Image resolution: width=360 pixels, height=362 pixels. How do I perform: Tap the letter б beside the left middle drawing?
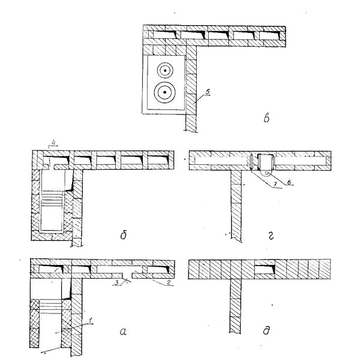[x=124, y=235]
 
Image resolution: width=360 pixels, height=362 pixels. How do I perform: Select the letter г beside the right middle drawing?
[x=271, y=236]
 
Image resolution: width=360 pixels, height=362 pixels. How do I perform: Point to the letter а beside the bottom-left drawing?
[x=124, y=332]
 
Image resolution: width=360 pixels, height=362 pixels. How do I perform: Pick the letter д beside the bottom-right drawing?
[x=266, y=330]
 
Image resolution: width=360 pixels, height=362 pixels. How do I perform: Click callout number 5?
[x=208, y=92]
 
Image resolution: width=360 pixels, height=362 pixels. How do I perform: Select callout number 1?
[x=91, y=320]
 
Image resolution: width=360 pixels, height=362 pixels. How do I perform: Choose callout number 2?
[x=169, y=282]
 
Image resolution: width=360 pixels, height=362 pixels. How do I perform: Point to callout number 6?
[x=289, y=182]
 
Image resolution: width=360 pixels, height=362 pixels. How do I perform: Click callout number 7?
[x=275, y=185]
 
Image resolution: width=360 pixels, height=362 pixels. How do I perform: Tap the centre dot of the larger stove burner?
[x=165, y=92]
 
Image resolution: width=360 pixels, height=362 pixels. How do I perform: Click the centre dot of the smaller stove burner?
[x=165, y=70]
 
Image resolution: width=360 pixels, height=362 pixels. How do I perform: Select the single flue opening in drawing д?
[x=265, y=269]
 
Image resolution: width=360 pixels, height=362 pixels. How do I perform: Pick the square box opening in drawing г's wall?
[x=266, y=161]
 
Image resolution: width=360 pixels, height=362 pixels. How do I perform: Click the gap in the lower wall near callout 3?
[x=127, y=275]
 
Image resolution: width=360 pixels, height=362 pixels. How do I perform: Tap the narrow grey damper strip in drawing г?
[x=251, y=162]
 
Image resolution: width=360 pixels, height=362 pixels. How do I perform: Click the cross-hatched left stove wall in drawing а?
[x=34, y=323]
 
